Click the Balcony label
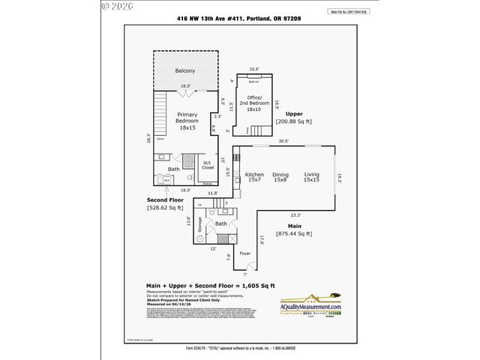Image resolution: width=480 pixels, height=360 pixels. [x=185, y=70]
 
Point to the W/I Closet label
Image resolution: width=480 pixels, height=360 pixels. [x=208, y=166]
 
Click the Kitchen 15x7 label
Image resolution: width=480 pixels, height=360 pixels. [x=254, y=177]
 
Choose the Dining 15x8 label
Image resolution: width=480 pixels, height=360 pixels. [x=281, y=177]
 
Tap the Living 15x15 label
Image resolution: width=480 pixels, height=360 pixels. [x=311, y=177]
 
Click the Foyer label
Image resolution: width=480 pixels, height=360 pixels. [x=245, y=253]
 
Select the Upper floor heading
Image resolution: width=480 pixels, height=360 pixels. [x=294, y=113]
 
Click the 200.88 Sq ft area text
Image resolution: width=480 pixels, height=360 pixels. [x=293, y=121]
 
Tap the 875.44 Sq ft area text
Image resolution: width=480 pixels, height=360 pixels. [x=293, y=234]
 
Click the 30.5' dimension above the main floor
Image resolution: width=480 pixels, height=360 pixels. [x=283, y=141]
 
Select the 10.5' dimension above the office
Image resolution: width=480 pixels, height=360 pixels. [x=253, y=69]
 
